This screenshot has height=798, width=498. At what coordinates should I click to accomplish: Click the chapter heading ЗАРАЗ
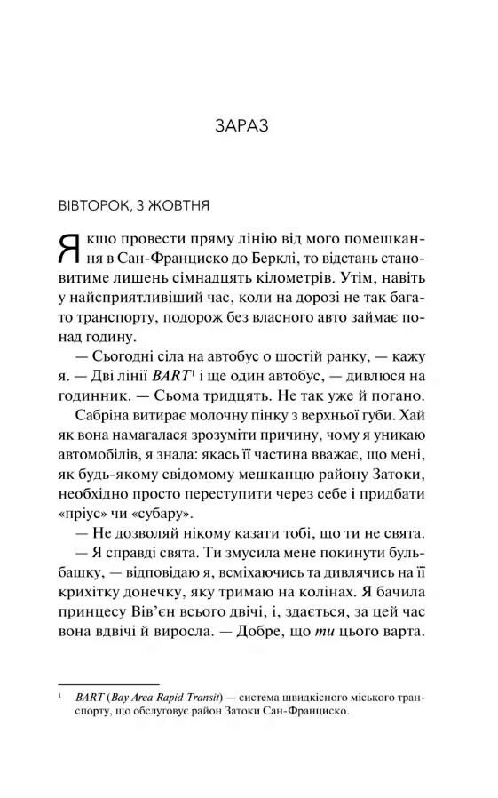coord(249,124)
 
